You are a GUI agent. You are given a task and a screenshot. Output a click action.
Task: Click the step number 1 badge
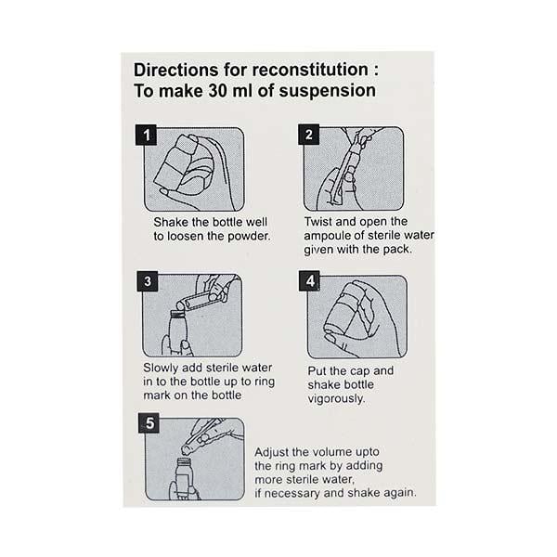coord(146,135)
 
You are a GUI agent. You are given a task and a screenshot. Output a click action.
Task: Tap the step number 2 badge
coord(309,135)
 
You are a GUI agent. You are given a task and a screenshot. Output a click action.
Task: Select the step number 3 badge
coord(148,281)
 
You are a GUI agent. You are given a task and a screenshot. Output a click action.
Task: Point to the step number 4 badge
coord(309,281)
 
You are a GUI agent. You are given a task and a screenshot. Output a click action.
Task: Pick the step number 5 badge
coord(149,422)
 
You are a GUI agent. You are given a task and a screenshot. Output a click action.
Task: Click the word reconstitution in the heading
coord(310,70)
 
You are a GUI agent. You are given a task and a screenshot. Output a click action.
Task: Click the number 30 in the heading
coord(217,91)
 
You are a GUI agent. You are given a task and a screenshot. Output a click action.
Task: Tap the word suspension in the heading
coord(327,91)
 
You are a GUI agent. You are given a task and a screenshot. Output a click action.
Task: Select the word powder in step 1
coord(249,236)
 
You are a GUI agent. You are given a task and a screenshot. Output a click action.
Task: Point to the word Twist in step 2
coord(318,221)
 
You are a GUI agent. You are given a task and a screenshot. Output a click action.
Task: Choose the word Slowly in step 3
coord(161,368)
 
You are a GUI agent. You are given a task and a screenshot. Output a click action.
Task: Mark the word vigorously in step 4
coord(336,398)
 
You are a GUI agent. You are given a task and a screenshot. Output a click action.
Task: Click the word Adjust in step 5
coord(271,452)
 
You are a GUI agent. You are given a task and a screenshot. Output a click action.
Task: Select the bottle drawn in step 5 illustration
coord(185,479)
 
